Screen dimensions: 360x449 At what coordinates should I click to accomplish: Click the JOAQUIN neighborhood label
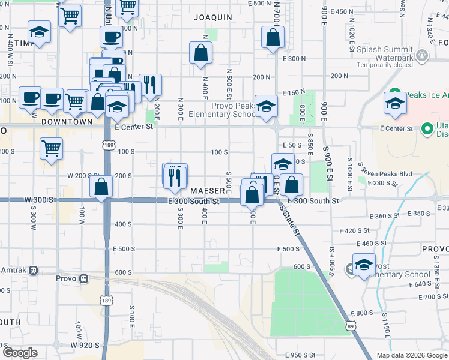point(213,17)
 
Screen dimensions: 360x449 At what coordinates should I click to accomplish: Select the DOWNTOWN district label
point(67,121)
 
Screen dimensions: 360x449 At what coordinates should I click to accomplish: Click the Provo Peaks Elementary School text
point(222,110)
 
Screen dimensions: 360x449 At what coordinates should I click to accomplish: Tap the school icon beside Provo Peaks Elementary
point(266,107)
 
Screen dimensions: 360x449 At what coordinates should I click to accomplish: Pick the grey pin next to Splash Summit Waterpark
point(423,56)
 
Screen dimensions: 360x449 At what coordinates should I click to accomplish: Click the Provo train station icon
point(83,279)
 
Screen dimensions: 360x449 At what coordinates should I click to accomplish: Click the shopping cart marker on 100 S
point(52,147)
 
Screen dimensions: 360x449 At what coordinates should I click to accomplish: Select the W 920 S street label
point(83,345)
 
